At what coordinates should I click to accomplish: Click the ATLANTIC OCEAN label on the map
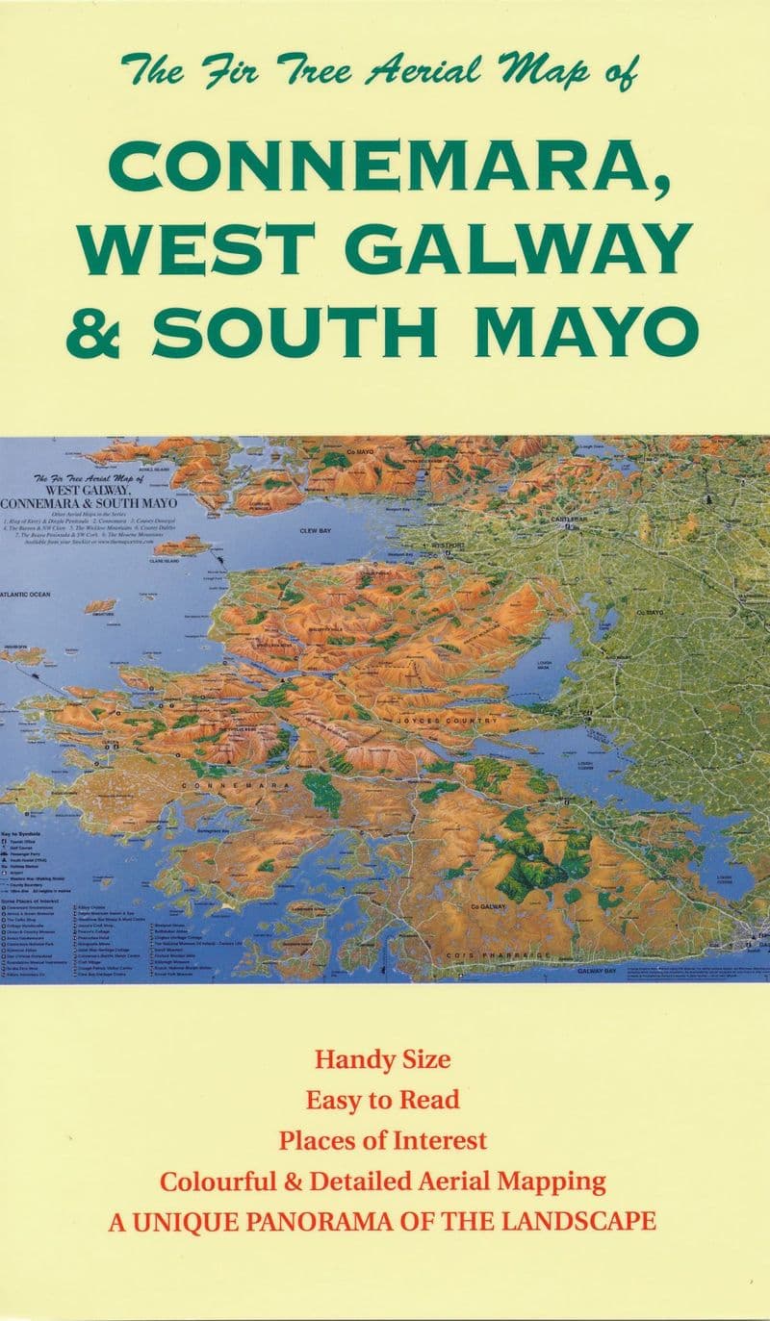click(x=25, y=595)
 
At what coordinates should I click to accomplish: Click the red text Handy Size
click(x=383, y=1061)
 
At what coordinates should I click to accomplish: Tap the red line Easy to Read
click(x=383, y=1100)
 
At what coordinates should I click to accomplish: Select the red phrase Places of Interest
click(x=383, y=1141)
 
